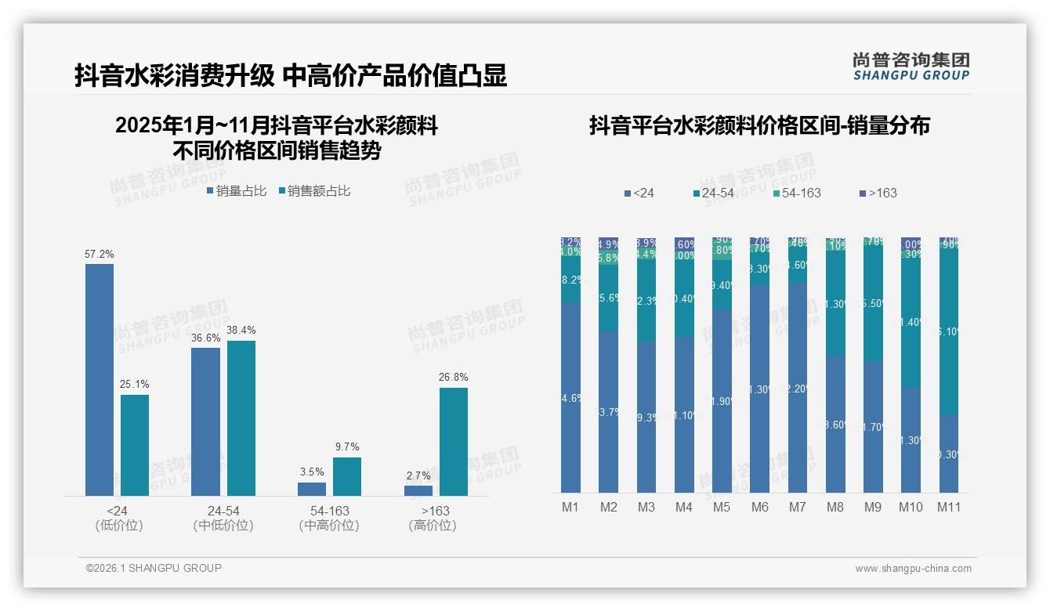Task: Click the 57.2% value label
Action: [x=99, y=255]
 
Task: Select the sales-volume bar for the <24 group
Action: [x=99, y=380]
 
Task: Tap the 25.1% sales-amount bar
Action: [x=135, y=445]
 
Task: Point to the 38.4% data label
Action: [x=241, y=331]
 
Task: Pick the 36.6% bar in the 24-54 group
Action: [x=205, y=421]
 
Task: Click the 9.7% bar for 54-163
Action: [x=347, y=476]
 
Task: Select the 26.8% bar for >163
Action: [x=454, y=442]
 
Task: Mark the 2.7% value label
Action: [x=418, y=475]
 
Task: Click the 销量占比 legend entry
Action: [x=236, y=191]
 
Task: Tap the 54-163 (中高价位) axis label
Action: [x=329, y=518]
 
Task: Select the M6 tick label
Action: [x=759, y=507]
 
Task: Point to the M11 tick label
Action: [x=949, y=507]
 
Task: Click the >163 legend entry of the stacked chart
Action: [x=878, y=193]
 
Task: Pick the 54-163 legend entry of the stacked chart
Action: [x=796, y=193]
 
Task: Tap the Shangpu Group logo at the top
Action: [x=911, y=66]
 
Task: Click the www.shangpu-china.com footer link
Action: [x=913, y=569]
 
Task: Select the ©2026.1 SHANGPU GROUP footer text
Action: [x=154, y=568]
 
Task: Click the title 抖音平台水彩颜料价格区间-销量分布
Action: [x=759, y=125]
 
